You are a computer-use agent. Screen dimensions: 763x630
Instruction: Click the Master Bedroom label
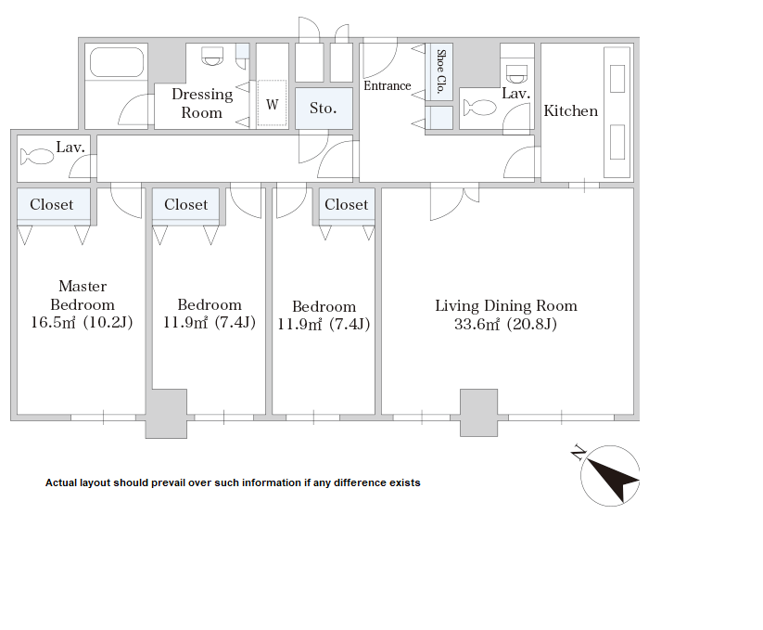83,295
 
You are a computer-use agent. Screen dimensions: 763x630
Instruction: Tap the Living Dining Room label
506,306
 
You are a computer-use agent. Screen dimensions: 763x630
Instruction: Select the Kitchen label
571,111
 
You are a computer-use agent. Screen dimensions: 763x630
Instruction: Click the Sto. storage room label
324,108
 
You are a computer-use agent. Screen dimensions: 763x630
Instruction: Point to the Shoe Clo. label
440,71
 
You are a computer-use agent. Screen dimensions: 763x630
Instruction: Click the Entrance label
388,85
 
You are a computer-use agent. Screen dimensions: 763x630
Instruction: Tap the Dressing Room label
202,103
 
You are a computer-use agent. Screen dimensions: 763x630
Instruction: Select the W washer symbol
272,104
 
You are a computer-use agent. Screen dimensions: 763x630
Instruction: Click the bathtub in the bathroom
117,62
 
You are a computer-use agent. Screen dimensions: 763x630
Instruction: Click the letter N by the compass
579,452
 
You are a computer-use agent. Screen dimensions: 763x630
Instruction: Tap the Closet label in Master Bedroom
52,204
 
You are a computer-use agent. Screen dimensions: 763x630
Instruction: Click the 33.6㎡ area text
477,324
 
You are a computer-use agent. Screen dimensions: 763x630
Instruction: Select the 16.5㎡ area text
53,322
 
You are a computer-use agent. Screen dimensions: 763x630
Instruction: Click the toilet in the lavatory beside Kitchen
480,108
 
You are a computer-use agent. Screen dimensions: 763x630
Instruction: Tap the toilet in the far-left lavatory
37,157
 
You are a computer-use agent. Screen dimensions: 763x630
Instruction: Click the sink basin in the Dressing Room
212,56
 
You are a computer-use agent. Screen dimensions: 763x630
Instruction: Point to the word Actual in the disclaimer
61,483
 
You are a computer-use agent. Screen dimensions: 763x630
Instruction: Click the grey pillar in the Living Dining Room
478,412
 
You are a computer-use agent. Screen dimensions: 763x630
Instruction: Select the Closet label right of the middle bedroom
347,204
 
